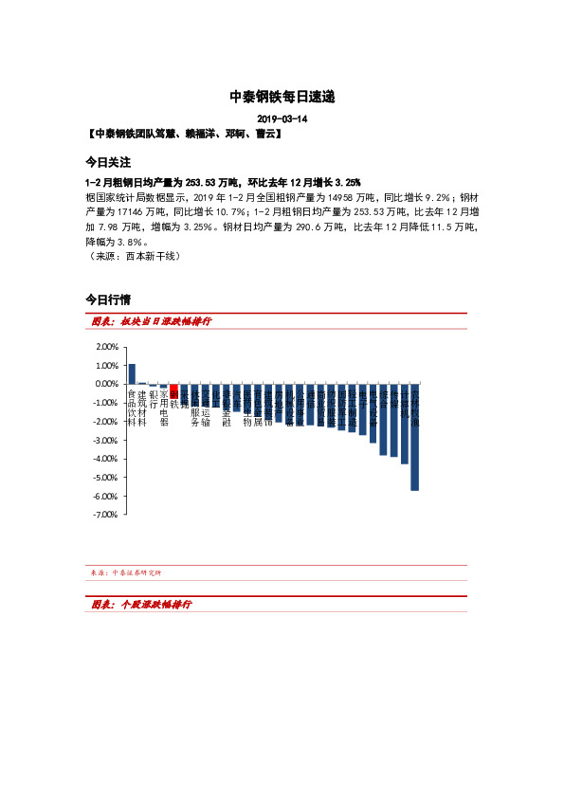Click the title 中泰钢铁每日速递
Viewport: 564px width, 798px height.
pos(282,97)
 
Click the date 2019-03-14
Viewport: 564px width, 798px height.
pos(282,119)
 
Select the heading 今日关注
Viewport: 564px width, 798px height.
pos(107,163)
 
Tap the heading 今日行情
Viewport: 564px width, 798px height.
pos(107,299)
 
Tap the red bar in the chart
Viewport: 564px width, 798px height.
pos(173,390)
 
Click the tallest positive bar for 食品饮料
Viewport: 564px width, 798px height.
pos(132,373)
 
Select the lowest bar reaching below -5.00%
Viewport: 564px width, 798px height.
pos(414,437)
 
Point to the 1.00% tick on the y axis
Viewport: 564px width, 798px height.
pos(105,366)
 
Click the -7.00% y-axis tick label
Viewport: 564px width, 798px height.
pos(104,515)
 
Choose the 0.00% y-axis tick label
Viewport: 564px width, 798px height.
pos(105,384)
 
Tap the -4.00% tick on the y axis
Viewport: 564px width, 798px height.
pos(104,459)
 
